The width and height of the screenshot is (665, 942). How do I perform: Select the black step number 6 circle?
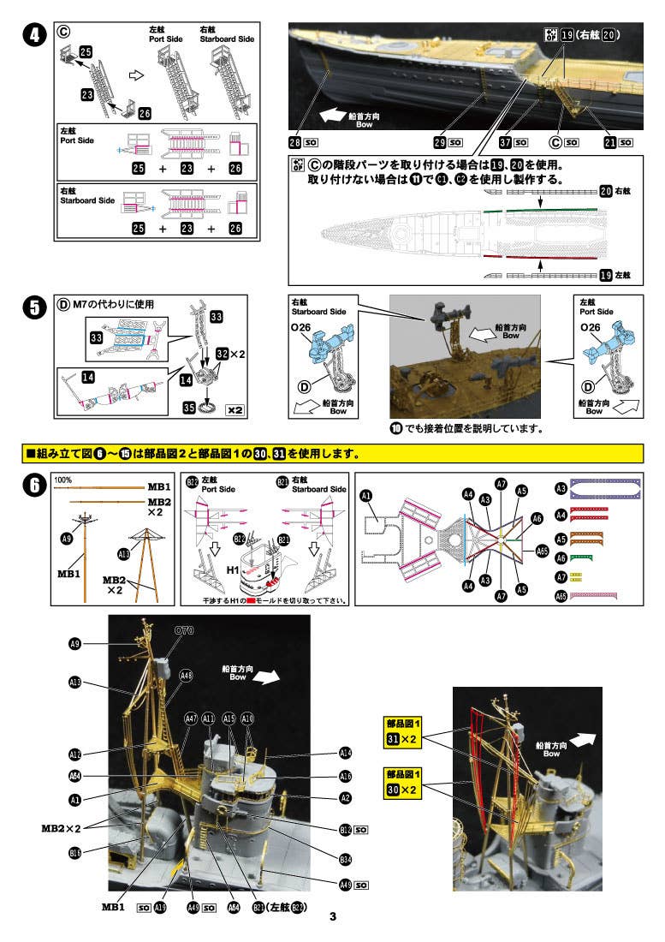point(33,485)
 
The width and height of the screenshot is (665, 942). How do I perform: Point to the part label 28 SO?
point(303,141)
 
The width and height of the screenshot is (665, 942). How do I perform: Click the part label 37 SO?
point(515,141)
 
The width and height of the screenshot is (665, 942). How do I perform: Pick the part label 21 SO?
point(619,141)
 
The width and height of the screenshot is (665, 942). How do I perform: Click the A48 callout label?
point(187,676)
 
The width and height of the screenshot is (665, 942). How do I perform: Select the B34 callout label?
point(346,859)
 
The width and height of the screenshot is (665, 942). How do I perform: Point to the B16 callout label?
point(74,853)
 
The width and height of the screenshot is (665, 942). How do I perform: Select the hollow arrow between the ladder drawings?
point(134,76)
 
